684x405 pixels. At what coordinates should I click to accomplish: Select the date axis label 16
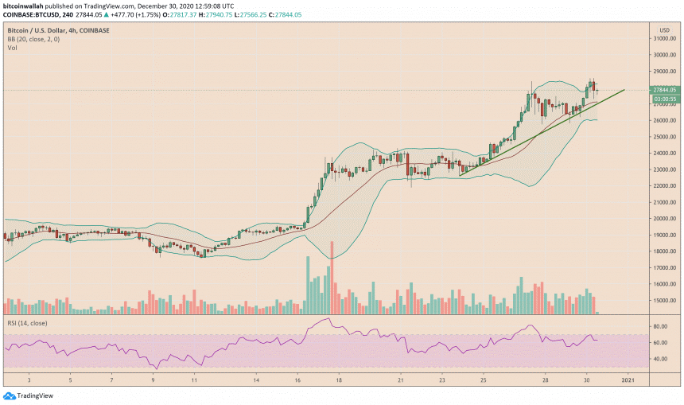click(297, 380)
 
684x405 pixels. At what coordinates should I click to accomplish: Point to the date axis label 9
click(153, 380)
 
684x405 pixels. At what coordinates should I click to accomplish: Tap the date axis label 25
click(484, 380)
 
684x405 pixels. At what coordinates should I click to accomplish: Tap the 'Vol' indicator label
click(13, 49)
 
